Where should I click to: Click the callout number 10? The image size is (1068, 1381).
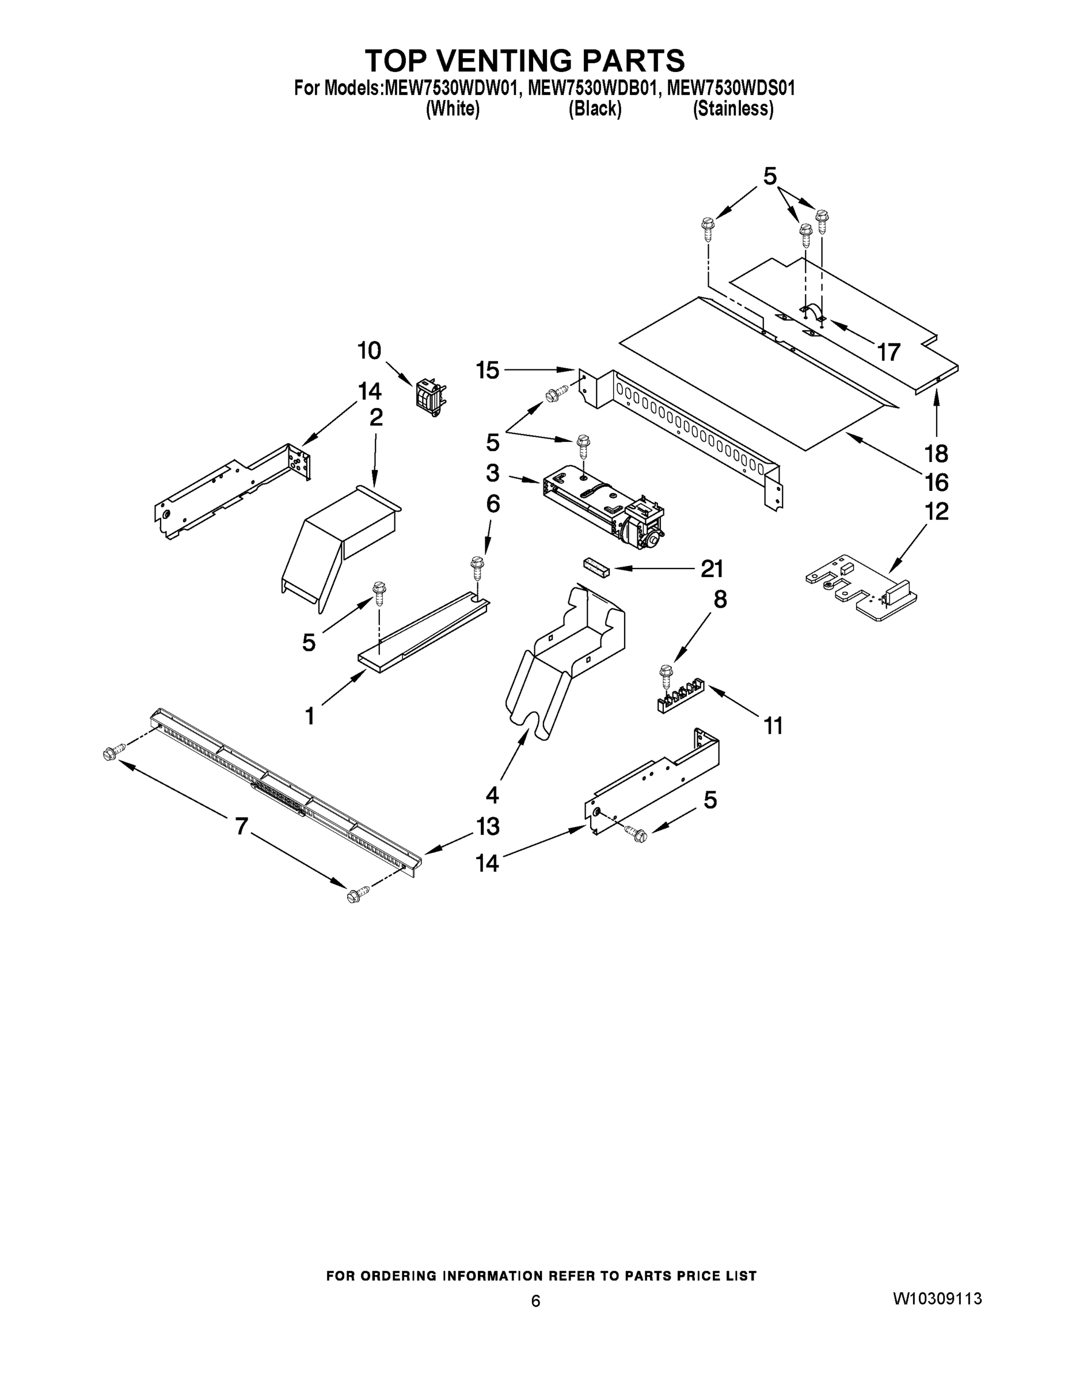pos(370,350)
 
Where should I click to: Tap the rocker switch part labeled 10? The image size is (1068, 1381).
pos(430,397)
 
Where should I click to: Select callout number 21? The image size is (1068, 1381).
pos(712,569)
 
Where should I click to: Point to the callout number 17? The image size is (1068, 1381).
pos(888,352)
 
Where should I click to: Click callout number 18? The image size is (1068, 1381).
pos(936,453)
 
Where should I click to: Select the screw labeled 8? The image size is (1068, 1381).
pos(666,675)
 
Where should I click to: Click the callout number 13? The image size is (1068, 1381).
pos(487,826)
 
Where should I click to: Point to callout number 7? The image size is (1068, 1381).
pos(241,826)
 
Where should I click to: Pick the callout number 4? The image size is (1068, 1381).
pos(492,794)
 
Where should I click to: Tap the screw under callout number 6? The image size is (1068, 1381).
pos(476,566)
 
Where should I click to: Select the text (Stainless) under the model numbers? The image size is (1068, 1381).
pos(733,109)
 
